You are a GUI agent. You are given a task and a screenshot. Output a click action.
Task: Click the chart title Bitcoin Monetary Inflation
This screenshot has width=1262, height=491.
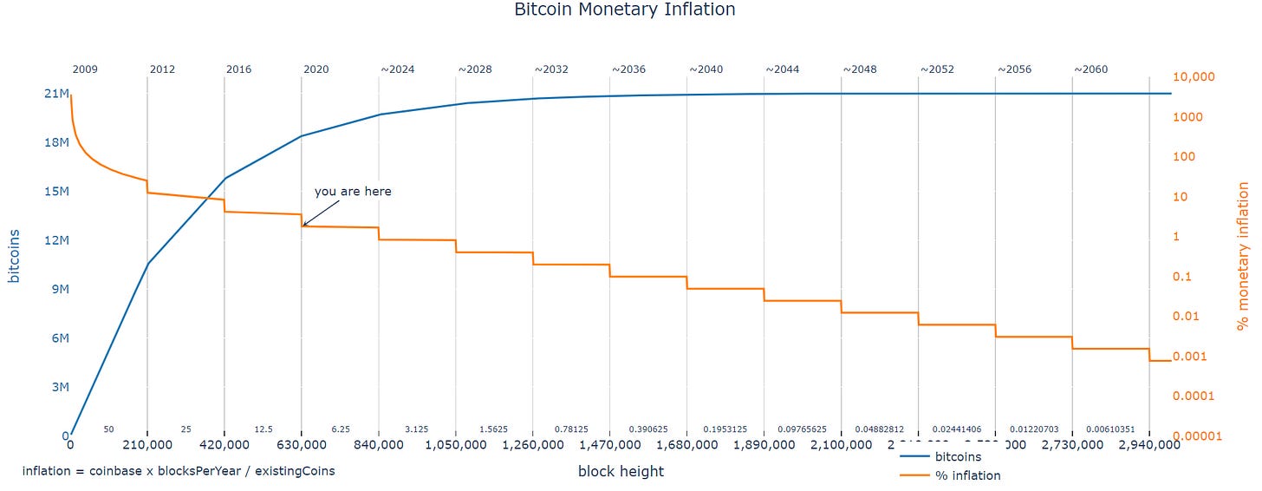(624, 10)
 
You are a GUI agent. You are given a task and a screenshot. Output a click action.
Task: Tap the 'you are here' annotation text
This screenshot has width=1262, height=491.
(353, 191)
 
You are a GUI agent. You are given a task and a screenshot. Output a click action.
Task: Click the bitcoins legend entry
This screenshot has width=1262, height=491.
(957, 456)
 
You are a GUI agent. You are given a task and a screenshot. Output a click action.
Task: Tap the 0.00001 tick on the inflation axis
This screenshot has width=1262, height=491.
(1192, 436)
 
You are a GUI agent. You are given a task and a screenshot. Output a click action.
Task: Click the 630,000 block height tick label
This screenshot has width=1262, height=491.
(301, 446)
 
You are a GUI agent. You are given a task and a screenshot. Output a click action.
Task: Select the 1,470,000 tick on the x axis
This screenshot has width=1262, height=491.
(609, 446)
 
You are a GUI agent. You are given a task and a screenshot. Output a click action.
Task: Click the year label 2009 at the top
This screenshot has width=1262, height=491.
(85, 69)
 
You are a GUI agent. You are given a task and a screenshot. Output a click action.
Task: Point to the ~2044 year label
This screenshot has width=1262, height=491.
(781, 69)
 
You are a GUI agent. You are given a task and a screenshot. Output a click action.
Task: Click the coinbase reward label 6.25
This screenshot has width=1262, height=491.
(340, 429)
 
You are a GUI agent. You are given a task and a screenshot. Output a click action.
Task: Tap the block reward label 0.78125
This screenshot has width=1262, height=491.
(571, 429)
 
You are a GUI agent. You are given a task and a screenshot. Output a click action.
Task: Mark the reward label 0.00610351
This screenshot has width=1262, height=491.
(1111, 429)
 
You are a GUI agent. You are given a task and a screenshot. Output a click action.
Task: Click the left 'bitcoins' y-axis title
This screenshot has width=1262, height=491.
(15, 256)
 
